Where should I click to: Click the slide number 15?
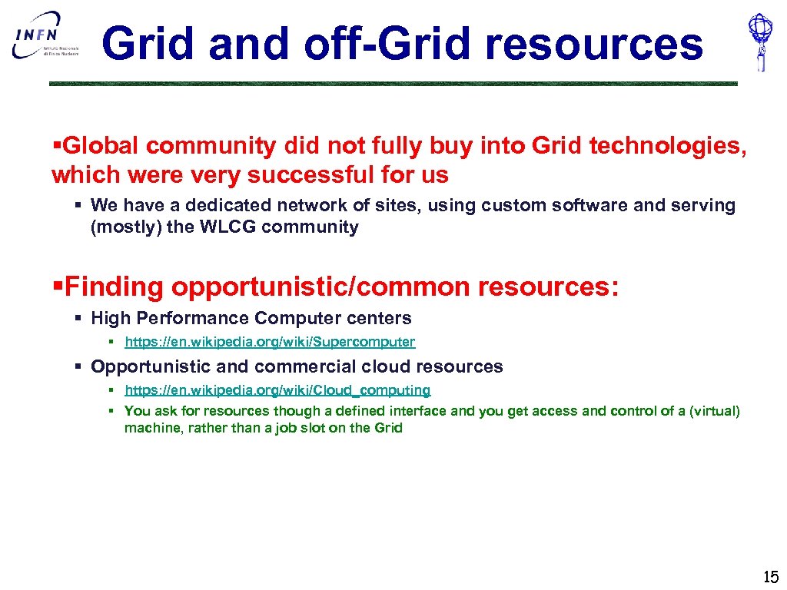click(770, 577)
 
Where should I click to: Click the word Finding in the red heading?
click(115, 287)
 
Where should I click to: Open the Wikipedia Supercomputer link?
click(269, 342)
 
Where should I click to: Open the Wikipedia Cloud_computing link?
click(277, 390)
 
